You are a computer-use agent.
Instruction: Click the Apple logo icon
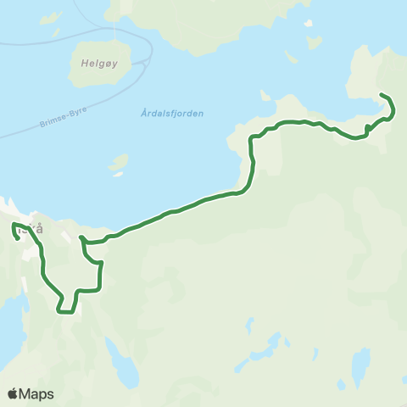[x=13, y=393]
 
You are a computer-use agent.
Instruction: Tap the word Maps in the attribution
[x=37, y=393]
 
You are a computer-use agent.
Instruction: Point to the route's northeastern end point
[x=381, y=94]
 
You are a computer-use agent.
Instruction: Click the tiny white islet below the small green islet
[x=118, y=175]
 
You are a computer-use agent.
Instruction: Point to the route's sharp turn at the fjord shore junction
[x=82, y=239]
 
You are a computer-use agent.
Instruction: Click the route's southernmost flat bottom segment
[x=88, y=290]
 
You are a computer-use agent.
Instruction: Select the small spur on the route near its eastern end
[x=366, y=128]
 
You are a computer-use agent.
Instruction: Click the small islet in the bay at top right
[x=292, y=58]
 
